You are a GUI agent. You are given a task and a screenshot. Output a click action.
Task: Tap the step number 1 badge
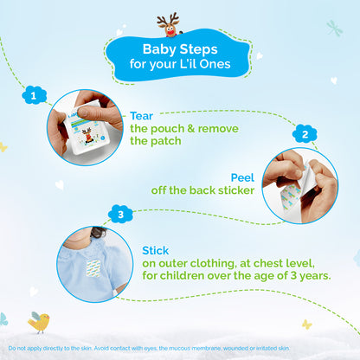[34, 96]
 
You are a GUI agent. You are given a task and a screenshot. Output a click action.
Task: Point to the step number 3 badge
[121, 215]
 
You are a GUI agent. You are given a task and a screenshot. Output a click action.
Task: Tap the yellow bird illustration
[38, 321]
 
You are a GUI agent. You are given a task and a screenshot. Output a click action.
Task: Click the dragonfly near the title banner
[335, 28]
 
